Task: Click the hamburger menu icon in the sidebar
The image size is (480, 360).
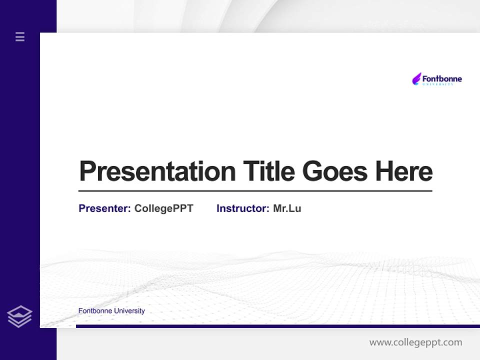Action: click(x=20, y=36)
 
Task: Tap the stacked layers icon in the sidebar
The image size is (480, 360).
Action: click(x=19, y=316)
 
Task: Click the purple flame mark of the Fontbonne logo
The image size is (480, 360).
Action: click(x=416, y=78)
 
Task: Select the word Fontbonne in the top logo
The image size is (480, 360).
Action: click(x=442, y=78)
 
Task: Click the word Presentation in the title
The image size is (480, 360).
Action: click(x=157, y=171)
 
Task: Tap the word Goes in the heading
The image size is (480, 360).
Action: click(x=335, y=171)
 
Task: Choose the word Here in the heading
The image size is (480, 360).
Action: click(x=404, y=171)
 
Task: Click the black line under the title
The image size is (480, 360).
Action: click(x=255, y=190)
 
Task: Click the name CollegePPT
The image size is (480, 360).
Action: click(x=163, y=208)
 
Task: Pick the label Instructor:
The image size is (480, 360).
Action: click(x=243, y=208)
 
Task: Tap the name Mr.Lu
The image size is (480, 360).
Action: click(x=287, y=208)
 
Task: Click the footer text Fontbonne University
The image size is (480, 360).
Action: click(x=111, y=310)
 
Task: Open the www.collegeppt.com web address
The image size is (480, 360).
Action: click(x=415, y=342)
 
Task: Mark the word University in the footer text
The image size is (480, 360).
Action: click(x=129, y=310)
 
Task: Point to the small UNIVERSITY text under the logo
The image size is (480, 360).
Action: click(x=438, y=84)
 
